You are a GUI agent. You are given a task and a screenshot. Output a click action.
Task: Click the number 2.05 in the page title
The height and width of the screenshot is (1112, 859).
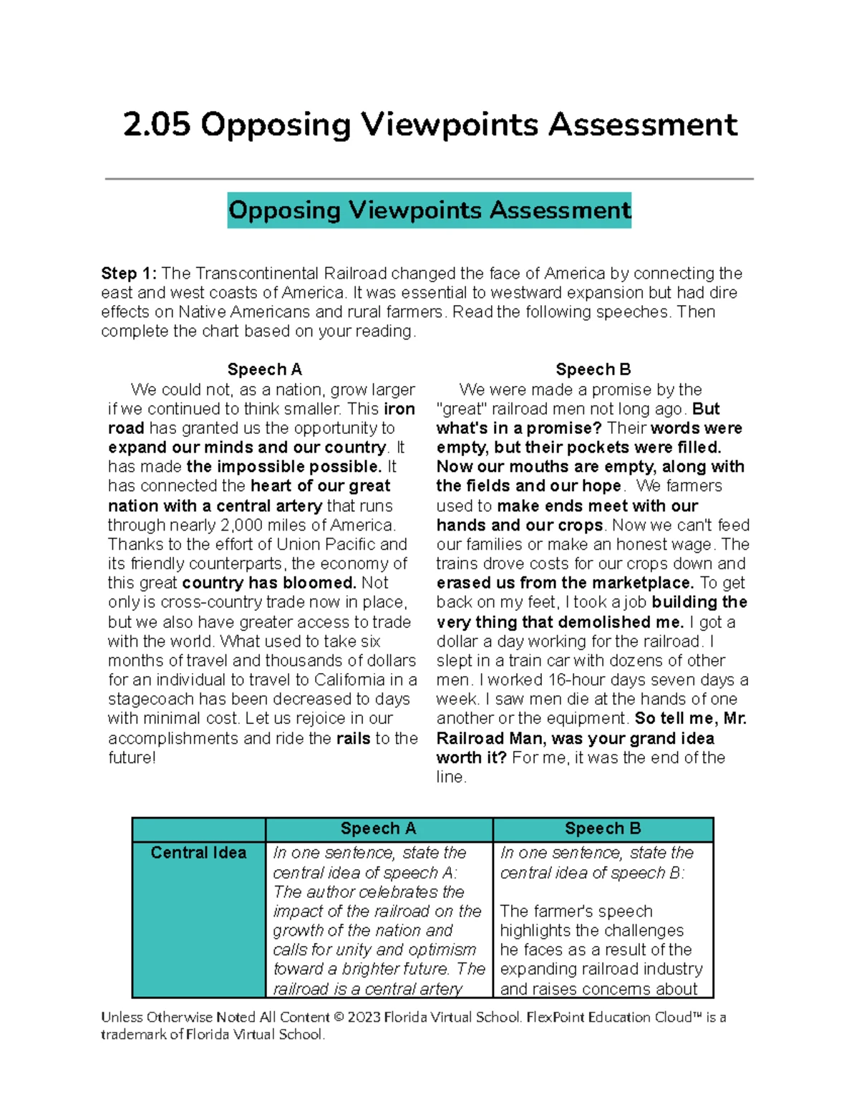156,125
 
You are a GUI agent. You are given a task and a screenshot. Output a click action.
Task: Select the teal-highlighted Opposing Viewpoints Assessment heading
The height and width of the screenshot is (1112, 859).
429,211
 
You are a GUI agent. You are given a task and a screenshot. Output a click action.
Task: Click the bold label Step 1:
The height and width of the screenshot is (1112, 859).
128,274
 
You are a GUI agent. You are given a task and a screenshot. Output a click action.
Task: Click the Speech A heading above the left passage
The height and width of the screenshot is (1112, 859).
264,369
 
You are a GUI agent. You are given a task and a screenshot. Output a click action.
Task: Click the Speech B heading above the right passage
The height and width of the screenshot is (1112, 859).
593,369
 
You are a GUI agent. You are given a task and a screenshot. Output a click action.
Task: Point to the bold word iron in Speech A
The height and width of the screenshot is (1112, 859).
399,409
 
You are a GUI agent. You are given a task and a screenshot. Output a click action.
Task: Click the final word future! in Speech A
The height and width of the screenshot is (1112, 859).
132,758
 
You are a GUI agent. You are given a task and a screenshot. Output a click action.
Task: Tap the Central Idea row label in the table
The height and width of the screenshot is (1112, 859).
198,853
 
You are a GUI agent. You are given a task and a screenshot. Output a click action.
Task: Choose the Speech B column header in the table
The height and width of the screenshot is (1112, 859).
603,828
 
